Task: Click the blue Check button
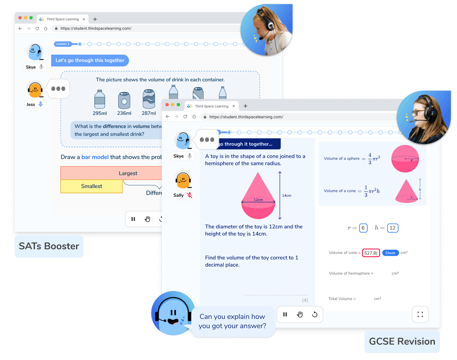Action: pyautogui.click(x=390, y=253)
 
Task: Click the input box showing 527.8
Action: pyautogui.click(x=371, y=253)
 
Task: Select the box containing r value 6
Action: pyautogui.click(x=363, y=228)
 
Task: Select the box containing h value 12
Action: pyautogui.click(x=392, y=228)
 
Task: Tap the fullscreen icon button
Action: pyautogui.click(x=420, y=314)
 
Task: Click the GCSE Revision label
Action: pyautogui.click(x=402, y=341)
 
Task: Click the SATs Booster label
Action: pyautogui.click(x=49, y=246)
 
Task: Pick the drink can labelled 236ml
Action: pyautogui.click(x=124, y=100)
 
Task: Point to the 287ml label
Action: pyautogui.click(x=149, y=113)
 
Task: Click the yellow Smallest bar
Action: pyautogui.click(x=91, y=186)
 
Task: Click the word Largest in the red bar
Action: pyautogui.click(x=128, y=173)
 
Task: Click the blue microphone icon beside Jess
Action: pyautogui.click(x=41, y=104)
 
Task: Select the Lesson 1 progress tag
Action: pyautogui.click(x=63, y=44)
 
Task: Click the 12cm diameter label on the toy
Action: pyautogui.click(x=258, y=200)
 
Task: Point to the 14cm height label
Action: pyautogui.click(x=287, y=195)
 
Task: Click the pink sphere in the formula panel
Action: pyautogui.click(x=405, y=159)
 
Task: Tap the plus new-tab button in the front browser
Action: pyautogui.click(x=245, y=106)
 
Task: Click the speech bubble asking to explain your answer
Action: pyautogui.click(x=232, y=321)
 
